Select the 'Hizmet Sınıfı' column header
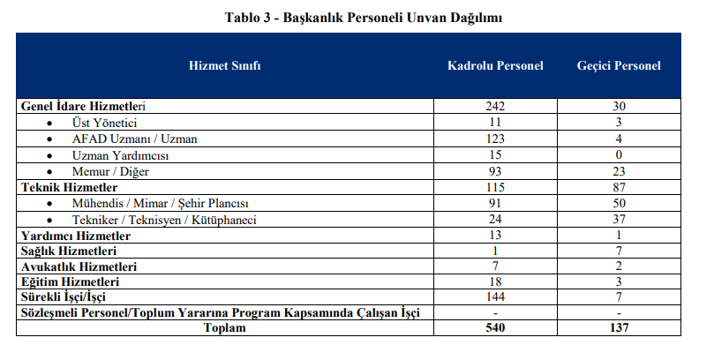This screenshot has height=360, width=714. tap(224, 66)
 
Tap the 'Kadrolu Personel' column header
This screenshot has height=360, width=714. tap(495, 66)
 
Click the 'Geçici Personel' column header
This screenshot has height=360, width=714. tap(619, 66)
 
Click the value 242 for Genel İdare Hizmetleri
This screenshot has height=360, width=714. tap(495, 106)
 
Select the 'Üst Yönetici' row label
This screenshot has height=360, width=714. tap(104, 122)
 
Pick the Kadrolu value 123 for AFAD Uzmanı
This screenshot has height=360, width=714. tap(495, 139)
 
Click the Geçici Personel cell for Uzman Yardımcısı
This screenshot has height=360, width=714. tap(619, 154)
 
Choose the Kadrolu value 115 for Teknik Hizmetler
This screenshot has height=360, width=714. tap(495, 187)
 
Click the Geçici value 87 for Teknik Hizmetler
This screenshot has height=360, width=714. tap(619, 187)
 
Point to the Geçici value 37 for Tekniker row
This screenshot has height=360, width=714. tap(619, 220)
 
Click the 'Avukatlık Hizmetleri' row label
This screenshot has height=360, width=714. tap(79, 266)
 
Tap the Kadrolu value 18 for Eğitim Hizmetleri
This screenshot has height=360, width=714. tap(495, 281)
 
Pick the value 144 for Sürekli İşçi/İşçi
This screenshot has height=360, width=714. tap(495, 297)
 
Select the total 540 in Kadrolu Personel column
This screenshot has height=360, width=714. tap(495, 328)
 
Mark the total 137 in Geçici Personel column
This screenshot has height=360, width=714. tap(619, 328)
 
